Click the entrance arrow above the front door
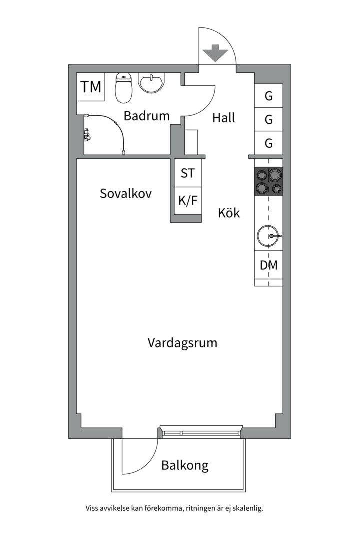pos(216,53)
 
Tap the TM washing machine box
pos(91,87)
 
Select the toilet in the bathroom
pos(123,88)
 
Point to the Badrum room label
pos(146,116)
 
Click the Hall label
pos(223,118)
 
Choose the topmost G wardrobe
pos(269,96)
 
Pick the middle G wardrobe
pos(269,120)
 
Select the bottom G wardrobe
pos(269,144)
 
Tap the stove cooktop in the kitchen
pos(269,181)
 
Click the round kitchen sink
pos(268,236)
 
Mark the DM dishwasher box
pos(269,266)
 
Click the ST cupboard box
pos(188,173)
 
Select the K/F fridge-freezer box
pos(188,201)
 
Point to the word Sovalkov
pos(125,194)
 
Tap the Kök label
pos(229,213)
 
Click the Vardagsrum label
pos(182,343)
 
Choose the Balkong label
pos(184,466)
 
